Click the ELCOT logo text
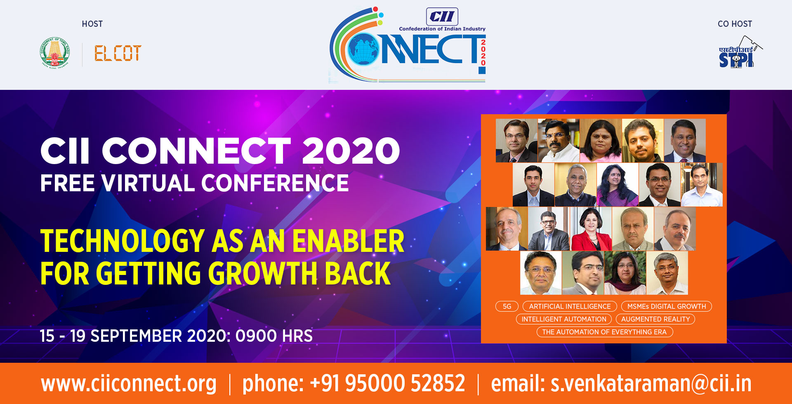click(118, 54)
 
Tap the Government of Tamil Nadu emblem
click(55, 52)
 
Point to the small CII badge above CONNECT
click(442, 16)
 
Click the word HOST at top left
click(92, 24)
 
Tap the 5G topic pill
click(507, 306)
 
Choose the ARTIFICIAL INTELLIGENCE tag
click(570, 306)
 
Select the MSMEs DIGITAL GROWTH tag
click(667, 306)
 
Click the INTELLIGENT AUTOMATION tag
click(564, 319)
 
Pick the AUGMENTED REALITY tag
click(655, 319)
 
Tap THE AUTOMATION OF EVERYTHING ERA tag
click(605, 332)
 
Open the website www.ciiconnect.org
click(129, 383)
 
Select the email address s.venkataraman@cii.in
click(651, 383)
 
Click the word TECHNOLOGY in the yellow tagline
click(123, 241)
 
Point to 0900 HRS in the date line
click(274, 336)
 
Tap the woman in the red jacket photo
click(591, 229)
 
